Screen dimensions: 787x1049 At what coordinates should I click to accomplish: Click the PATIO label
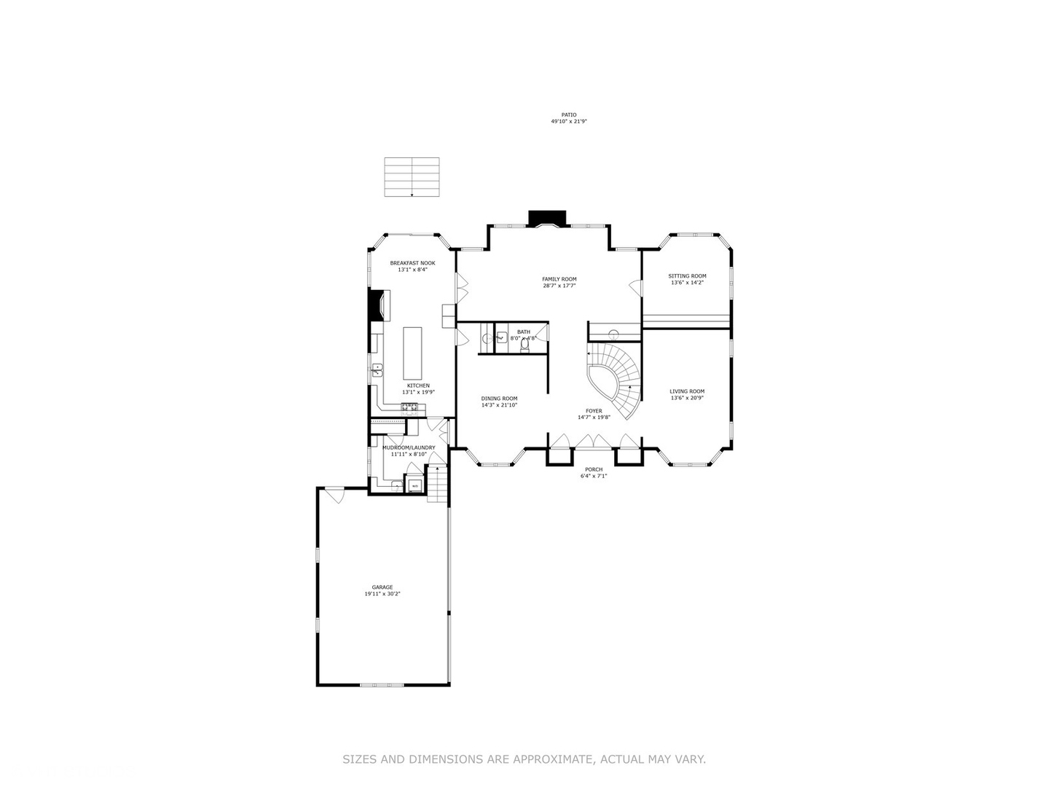(x=568, y=115)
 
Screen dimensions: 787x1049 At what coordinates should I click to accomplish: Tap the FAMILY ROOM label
(x=559, y=279)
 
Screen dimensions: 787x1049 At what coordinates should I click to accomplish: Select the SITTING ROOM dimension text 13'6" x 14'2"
(x=687, y=283)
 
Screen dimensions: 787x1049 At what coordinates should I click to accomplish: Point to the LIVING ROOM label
(x=687, y=391)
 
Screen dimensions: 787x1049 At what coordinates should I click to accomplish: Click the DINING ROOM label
(x=499, y=399)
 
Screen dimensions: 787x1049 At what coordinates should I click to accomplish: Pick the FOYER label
(x=594, y=411)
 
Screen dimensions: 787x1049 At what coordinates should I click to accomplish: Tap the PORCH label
(x=594, y=469)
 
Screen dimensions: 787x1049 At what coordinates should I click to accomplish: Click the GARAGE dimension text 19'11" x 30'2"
(x=382, y=594)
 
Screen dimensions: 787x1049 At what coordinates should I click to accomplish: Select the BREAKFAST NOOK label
(x=412, y=263)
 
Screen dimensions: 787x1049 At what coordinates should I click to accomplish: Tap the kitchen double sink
(x=377, y=369)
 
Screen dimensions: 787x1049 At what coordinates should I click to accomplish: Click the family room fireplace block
(x=547, y=218)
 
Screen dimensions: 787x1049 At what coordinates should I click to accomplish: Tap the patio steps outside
(x=412, y=177)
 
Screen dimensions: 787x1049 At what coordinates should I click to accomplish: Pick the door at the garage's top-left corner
(x=334, y=496)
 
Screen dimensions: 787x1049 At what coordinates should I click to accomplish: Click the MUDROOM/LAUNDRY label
(x=409, y=447)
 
